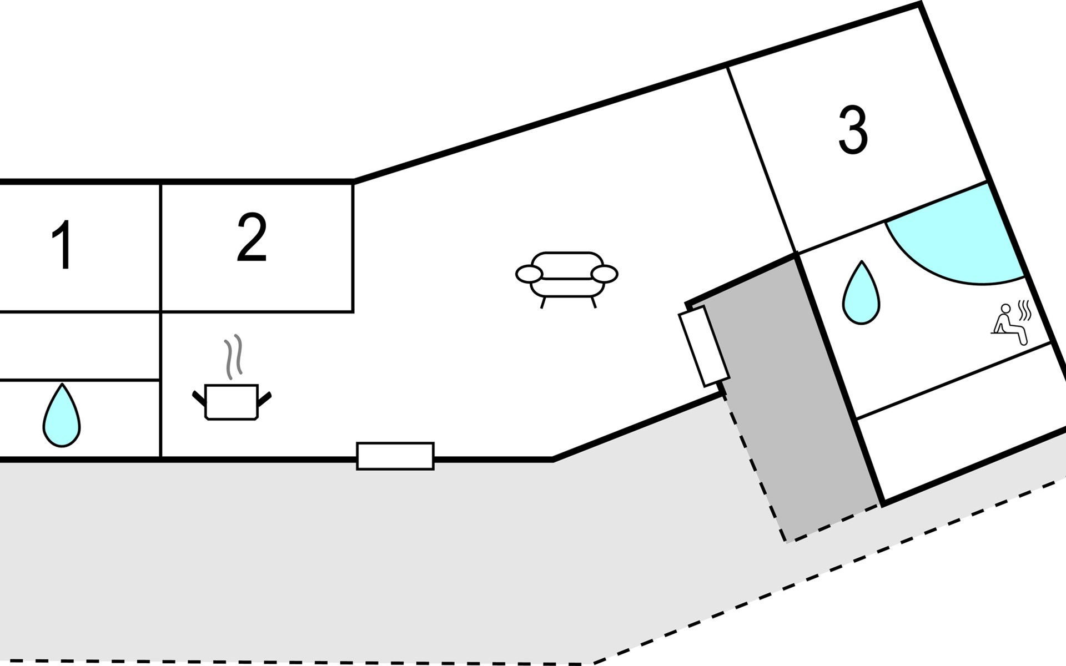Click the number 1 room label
[x=63, y=245]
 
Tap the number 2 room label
[x=252, y=237]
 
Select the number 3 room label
[x=853, y=130]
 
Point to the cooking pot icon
[x=232, y=401]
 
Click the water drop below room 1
[x=62, y=415]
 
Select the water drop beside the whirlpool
[x=861, y=292]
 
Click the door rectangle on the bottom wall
[x=395, y=456]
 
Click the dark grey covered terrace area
[x=788, y=400]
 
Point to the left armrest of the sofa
[x=529, y=274]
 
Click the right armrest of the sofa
[x=605, y=274]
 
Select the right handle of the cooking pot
[x=264, y=398]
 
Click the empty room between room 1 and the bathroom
[x=80, y=346]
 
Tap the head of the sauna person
[x=1005, y=309]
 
